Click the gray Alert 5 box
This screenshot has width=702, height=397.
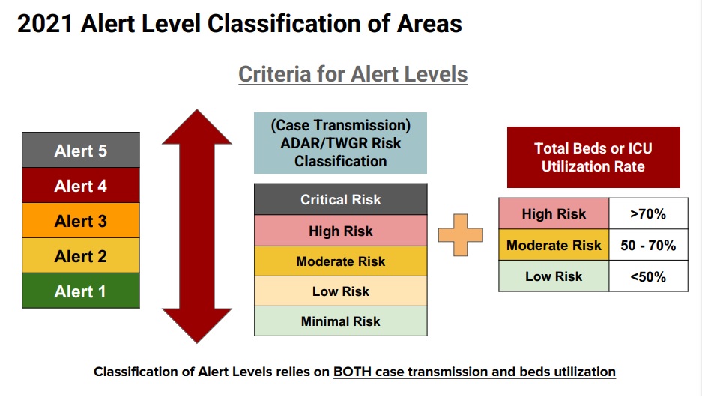tap(81, 150)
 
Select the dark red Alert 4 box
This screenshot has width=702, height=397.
tap(81, 185)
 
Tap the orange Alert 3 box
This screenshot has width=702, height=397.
tap(81, 220)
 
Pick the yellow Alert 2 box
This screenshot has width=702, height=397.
tap(81, 255)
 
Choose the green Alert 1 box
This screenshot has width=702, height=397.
tap(81, 291)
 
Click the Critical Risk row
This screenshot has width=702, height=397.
tap(341, 199)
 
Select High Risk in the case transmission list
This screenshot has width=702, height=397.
tap(341, 231)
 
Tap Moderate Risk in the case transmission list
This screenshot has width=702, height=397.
tap(341, 261)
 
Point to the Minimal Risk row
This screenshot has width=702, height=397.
tap(341, 321)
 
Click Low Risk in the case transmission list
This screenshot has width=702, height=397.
tap(341, 291)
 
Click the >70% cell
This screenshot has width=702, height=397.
tap(648, 213)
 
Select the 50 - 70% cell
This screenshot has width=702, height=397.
tap(648, 245)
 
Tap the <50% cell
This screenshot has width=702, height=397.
tap(648, 276)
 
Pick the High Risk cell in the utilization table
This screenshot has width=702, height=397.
tap(554, 213)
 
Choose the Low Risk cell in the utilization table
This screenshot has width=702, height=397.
tap(554, 276)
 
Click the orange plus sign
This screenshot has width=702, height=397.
tap(461, 235)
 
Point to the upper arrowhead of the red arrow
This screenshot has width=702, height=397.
tap(197, 127)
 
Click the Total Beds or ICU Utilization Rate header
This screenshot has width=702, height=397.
tap(593, 157)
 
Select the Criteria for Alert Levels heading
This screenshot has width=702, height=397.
tap(353, 74)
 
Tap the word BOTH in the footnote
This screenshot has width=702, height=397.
tap(352, 372)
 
